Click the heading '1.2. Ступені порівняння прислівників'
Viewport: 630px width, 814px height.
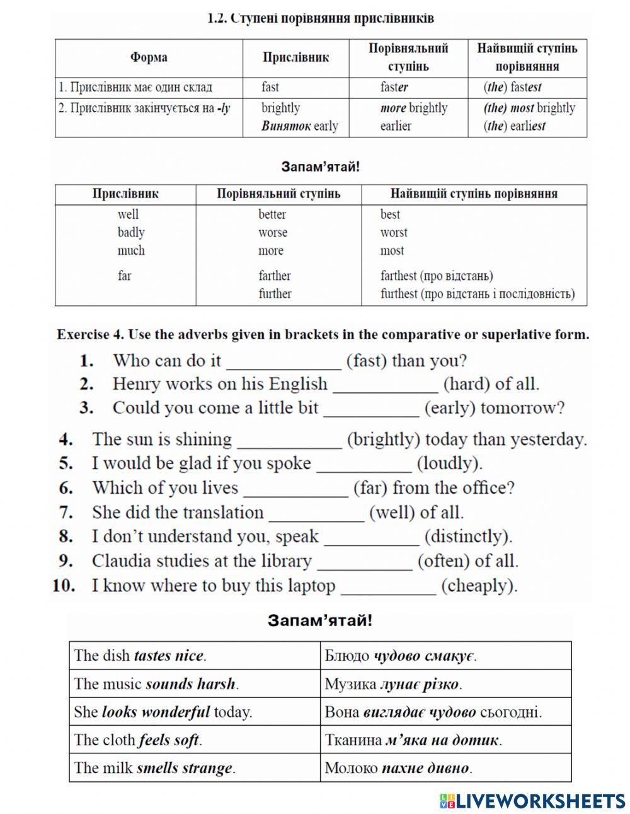tap(321, 18)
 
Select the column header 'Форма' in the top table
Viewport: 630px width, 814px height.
tap(149, 58)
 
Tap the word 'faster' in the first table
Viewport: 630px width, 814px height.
tap(394, 87)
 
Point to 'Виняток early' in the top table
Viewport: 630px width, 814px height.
tap(300, 126)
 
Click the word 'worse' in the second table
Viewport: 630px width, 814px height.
tap(272, 233)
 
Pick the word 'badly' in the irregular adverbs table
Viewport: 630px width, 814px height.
tap(131, 233)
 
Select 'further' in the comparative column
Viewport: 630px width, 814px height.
tap(275, 294)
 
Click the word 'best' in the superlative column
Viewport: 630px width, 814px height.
tap(390, 214)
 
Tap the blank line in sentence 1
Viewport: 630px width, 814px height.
tap(283, 363)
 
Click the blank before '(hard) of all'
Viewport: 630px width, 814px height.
tap(385, 385)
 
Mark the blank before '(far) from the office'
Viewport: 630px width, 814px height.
tap(295, 489)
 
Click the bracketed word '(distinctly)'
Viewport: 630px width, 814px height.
tap(468, 537)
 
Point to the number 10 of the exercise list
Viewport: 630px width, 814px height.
tap(64, 586)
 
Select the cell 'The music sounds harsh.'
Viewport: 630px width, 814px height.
tap(156, 683)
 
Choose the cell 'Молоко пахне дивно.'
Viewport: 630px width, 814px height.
tap(398, 768)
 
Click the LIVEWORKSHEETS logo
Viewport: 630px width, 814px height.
tap(532, 801)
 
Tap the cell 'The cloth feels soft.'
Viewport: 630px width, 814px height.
tap(138, 740)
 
